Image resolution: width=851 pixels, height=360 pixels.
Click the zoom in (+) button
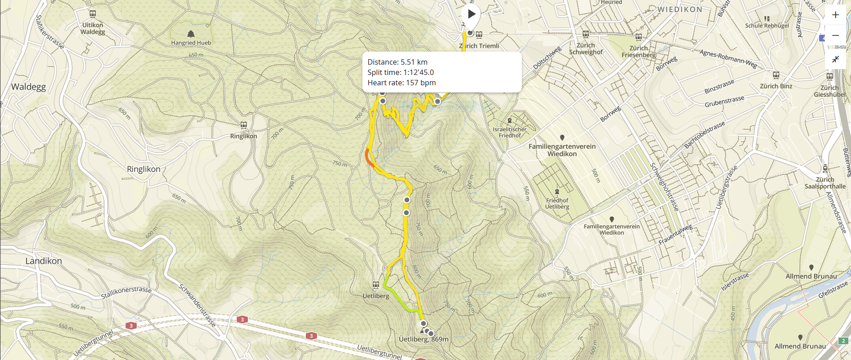pos(835,15)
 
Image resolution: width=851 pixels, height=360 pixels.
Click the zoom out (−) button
pos(835,35)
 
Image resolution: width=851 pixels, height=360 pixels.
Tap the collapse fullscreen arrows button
pos(835,59)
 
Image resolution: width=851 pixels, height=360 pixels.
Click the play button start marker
pos(471,14)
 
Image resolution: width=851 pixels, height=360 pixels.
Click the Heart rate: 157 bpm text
pos(401,83)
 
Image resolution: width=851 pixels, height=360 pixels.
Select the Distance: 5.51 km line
pos(397,62)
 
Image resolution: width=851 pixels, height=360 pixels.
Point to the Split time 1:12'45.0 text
pos(401,72)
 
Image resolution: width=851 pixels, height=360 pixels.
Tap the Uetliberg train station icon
pos(376,285)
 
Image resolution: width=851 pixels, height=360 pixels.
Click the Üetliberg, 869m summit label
pos(423,339)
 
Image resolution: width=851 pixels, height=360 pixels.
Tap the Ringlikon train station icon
pos(243,125)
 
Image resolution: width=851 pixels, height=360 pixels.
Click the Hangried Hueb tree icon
pos(191,34)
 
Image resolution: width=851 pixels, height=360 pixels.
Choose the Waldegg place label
pos(28,87)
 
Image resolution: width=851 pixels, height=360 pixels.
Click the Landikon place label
pos(44,261)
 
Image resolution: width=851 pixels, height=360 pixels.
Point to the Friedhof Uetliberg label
pos(557,203)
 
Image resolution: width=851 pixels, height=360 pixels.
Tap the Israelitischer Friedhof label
pos(510,132)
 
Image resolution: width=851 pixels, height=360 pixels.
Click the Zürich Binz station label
pos(776,86)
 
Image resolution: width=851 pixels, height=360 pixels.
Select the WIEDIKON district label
pos(680,9)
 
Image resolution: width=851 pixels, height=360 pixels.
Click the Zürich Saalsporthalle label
pos(825,183)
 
